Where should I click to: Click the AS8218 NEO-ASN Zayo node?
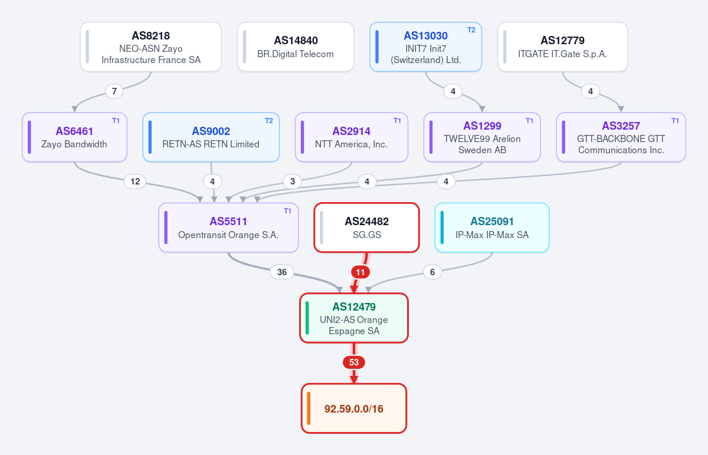151,47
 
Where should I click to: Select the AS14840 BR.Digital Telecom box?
296,47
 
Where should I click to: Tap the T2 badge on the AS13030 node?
471,30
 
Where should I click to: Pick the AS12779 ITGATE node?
563,47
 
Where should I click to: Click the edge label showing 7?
114,91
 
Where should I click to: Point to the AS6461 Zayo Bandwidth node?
74,137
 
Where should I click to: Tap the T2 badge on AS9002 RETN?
268,121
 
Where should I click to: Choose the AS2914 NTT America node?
352,137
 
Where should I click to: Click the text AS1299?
482,126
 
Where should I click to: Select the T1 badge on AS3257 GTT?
675,121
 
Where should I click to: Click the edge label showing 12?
135,182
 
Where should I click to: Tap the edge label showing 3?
293,182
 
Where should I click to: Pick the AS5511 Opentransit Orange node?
228,227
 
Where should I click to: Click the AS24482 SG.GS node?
366,227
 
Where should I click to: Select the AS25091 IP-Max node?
492,227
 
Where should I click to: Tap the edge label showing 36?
282,272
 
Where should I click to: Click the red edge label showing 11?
360,272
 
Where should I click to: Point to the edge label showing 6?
432,272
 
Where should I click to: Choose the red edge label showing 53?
354,362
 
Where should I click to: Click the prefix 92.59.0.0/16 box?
354,408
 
